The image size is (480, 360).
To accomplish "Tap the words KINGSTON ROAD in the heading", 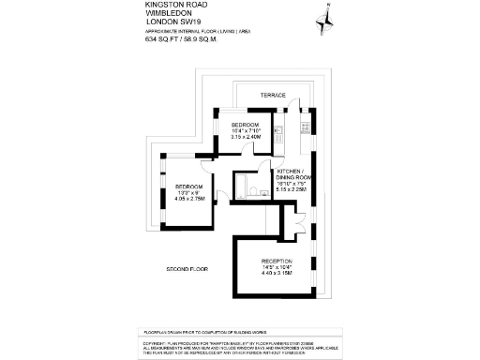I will (x=170, y=5).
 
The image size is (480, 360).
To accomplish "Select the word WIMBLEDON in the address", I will (x=165, y=13).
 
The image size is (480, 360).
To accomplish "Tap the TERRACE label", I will (x=273, y=95).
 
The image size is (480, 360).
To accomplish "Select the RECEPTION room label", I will (x=277, y=261).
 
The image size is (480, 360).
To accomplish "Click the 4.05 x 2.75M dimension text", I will (x=189, y=199).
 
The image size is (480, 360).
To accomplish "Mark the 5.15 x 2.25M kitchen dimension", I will (x=293, y=188).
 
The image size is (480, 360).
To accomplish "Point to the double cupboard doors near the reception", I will (x=298, y=225).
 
